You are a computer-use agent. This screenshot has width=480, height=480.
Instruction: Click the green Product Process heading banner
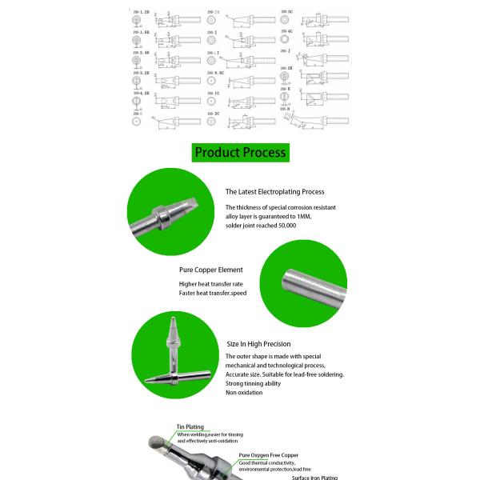(x=240, y=152)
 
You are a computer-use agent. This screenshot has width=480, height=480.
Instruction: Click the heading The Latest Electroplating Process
(x=274, y=192)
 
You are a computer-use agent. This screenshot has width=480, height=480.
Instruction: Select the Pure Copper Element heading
(x=210, y=270)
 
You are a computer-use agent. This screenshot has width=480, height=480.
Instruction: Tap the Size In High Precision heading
(x=258, y=344)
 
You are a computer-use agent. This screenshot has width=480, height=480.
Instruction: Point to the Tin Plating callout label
(x=190, y=427)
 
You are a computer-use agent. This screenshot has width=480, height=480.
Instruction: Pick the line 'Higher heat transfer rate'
(x=211, y=285)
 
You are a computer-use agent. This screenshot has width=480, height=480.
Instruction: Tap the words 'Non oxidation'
(x=243, y=393)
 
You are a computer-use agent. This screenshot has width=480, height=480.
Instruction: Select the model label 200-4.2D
(x=140, y=94)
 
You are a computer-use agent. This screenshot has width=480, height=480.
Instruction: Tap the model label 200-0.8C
(x=215, y=74)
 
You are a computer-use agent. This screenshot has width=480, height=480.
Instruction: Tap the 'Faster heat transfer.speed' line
(x=213, y=294)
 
